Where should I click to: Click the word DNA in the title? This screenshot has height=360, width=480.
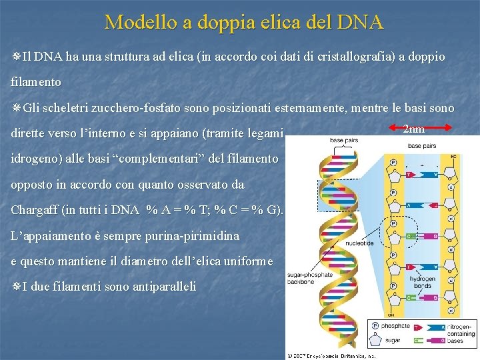(x=360, y=22)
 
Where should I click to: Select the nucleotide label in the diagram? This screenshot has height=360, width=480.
(x=359, y=243)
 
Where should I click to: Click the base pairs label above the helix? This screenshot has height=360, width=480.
(x=345, y=141)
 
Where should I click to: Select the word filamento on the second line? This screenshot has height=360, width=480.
(x=36, y=83)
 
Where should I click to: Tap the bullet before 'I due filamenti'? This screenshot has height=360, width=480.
(x=16, y=287)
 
